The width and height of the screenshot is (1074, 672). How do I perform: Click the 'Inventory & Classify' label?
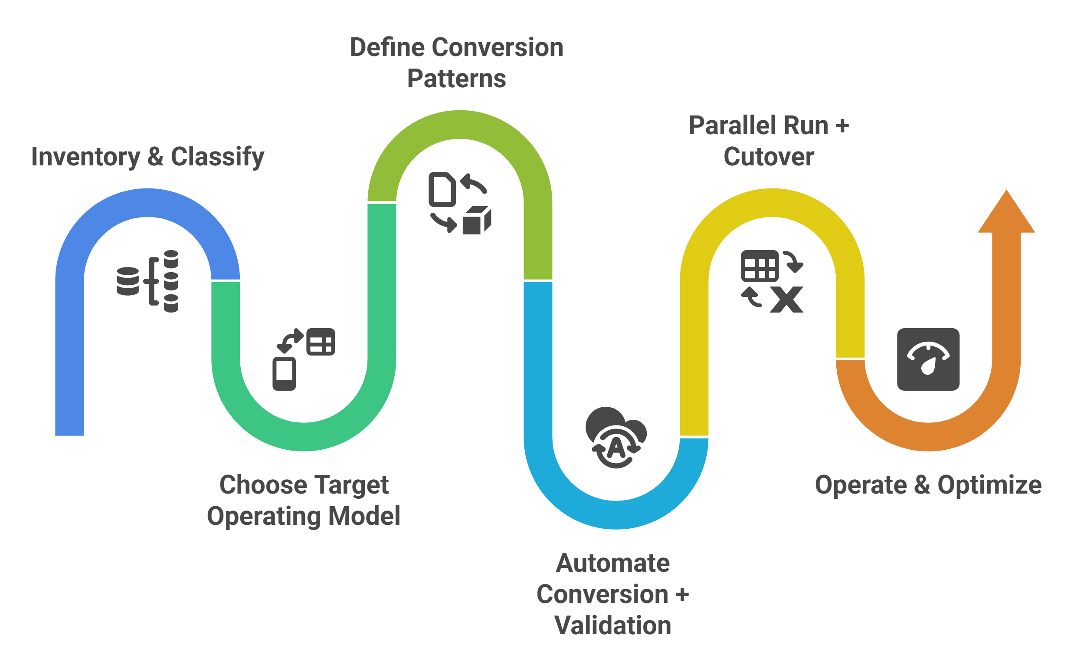pos(147,157)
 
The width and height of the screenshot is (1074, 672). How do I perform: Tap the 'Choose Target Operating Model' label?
pos(304,501)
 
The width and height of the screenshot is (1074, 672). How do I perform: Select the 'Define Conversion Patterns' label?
pos(456,63)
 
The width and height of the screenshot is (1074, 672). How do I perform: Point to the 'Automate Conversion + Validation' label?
pos(613,594)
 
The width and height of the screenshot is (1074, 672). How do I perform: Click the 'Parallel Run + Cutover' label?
pos(769,141)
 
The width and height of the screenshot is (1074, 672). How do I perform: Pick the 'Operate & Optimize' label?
pos(928,485)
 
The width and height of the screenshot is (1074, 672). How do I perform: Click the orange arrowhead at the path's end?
pos(1006,213)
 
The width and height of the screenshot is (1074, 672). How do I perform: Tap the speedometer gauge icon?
pos(928,359)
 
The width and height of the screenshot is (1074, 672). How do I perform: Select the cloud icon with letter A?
pos(616,437)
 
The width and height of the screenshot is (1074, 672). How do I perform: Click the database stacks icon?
pos(147,281)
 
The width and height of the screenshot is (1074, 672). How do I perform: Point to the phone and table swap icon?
pos(304,359)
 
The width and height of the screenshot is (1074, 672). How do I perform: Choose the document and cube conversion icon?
pos(459,203)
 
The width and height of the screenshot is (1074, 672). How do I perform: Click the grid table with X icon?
pos(772,281)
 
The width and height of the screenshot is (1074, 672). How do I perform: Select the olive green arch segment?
pos(460,125)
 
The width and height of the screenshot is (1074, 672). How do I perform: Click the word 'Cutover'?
pos(769,157)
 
